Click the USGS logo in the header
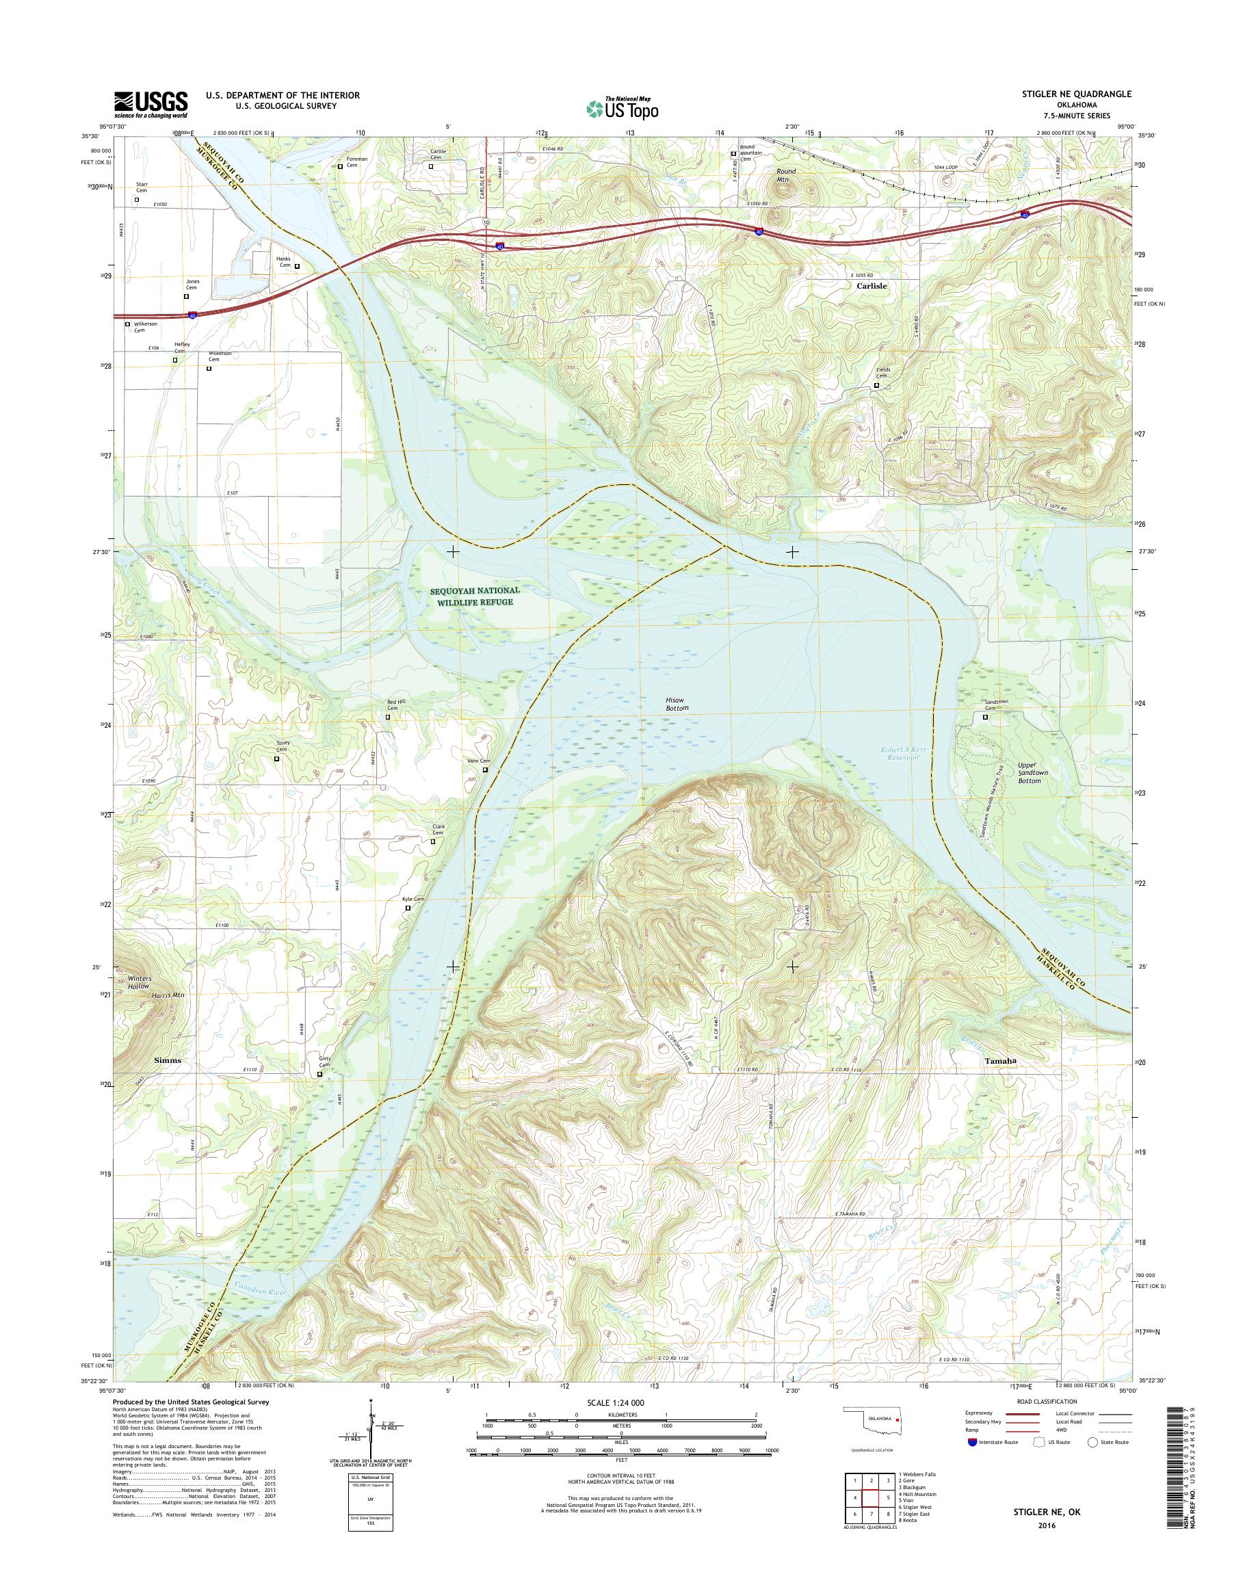(x=150, y=104)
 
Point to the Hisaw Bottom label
(x=677, y=703)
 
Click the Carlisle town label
(x=871, y=287)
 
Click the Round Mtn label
(x=785, y=175)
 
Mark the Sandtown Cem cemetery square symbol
(x=986, y=717)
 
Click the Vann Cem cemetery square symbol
(x=485, y=770)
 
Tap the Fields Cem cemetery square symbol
(x=877, y=386)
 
